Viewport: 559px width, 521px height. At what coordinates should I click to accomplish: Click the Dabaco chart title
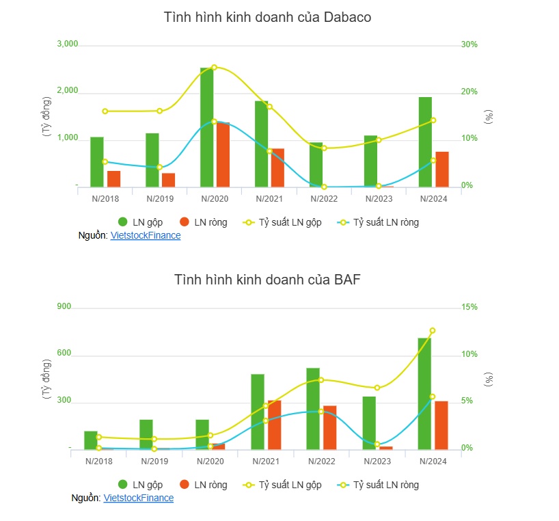pos(267,18)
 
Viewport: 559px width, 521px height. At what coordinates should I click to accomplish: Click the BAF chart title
pos(267,280)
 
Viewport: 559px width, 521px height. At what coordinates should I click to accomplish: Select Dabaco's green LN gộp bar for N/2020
pos(206,127)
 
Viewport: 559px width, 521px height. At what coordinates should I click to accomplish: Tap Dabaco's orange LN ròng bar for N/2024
pos(442,169)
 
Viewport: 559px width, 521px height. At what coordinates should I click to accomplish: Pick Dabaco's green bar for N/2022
pos(316,164)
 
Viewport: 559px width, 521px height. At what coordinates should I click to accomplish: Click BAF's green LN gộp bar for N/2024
pos(424,393)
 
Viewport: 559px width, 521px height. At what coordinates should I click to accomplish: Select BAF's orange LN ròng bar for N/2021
pos(274,425)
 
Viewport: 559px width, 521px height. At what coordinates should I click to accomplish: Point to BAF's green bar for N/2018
pos(91,440)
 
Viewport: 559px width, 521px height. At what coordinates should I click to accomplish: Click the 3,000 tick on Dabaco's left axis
pos(68,44)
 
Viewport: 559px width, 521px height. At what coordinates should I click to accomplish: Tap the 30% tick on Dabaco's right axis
pos(469,44)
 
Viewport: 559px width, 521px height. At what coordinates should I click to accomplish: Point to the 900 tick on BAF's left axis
pos(64,308)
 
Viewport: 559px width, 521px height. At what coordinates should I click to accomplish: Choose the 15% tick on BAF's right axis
pos(469,308)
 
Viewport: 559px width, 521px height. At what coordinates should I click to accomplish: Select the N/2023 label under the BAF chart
pos(377,462)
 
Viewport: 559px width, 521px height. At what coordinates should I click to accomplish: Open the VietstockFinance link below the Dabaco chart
pos(146,235)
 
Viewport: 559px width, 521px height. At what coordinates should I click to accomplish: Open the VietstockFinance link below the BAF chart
pos(139,498)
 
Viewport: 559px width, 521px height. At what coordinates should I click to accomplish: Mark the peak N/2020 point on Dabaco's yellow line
pos(214,68)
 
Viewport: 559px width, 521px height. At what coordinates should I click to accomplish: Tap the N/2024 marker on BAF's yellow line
pos(432,331)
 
